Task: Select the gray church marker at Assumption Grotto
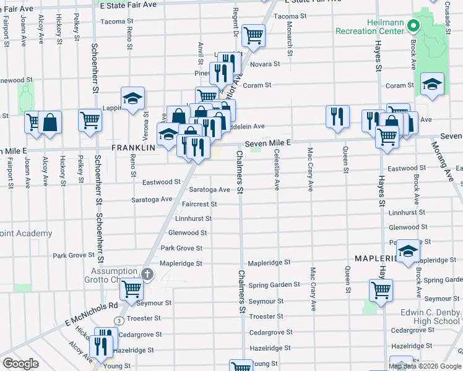(147, 274)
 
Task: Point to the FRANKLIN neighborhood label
(133, 148)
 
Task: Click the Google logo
(20, 364)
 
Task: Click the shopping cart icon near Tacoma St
(253, 35)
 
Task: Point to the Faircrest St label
(200, 203)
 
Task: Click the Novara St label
(269, 64)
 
